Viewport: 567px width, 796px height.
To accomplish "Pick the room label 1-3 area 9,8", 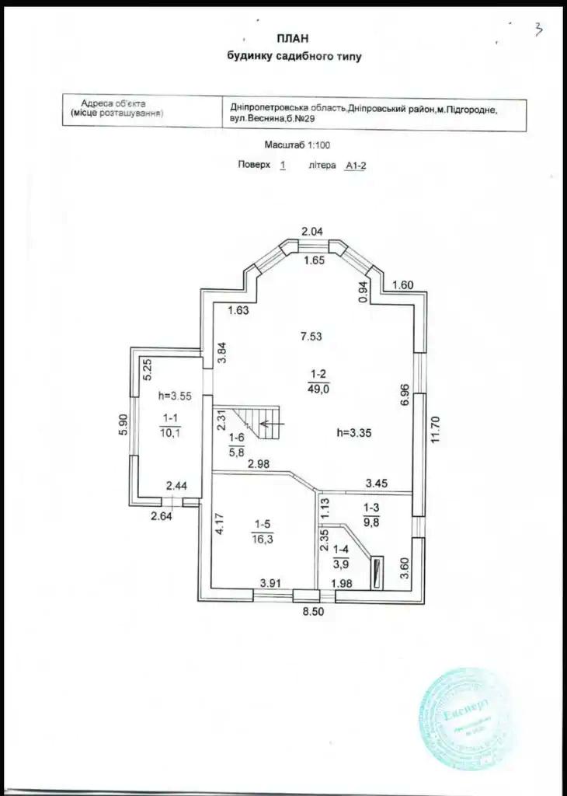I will coord(373,515).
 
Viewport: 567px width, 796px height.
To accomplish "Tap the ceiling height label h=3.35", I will coord(357,433).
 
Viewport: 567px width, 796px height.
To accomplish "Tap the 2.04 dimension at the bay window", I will coord(311,230).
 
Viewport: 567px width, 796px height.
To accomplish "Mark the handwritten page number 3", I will coord(537,30).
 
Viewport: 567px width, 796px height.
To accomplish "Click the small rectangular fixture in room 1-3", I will coord(377,572).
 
